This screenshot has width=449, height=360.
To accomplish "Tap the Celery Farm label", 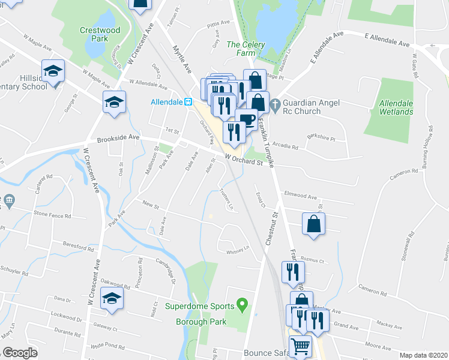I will click(x=241, y=49).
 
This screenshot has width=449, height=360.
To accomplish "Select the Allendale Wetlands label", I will click(x=396, y=107).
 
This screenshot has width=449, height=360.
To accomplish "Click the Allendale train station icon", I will click(x=188, y=102).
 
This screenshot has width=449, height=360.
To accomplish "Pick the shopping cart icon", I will click(x=300, y=346).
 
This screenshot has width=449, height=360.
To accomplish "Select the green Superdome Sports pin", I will click(x=242, y=305).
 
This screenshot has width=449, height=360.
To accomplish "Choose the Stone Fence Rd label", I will click(x=52, y=214).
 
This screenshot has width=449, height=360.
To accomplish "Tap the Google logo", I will click(x=20, y=353).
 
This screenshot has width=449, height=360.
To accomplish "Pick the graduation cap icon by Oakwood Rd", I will click(x=112, y=298).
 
